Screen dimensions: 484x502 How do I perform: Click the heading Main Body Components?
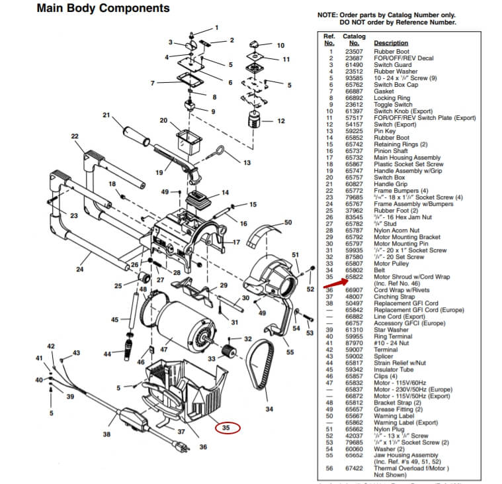[103, 9]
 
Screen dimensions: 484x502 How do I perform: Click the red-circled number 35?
[226, 428]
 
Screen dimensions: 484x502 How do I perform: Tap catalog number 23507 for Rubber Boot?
[354, 52]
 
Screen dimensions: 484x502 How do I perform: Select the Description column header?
[391, 43]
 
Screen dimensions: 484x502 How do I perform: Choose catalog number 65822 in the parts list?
[354, 276]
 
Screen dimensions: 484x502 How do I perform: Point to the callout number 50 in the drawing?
[288, 222]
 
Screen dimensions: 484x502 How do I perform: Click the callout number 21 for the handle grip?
[106, 115]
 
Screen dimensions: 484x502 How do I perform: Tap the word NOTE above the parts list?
[327, 15]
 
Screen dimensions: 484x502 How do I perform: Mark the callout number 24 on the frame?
[79, 269]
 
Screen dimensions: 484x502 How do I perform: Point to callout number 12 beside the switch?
[280, 121]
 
